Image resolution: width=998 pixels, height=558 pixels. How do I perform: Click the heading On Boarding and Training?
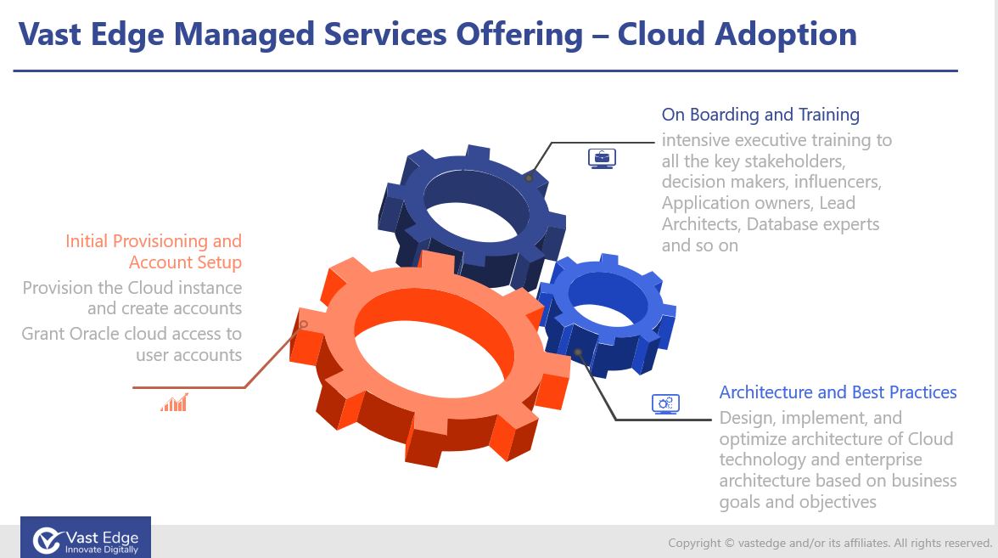tap(760, 115)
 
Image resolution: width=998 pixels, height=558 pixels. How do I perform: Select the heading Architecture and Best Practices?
tap(838, 392)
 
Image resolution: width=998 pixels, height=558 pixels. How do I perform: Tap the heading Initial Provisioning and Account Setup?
tap(154, 251)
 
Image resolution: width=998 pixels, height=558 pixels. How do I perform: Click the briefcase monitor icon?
tap(603, 158)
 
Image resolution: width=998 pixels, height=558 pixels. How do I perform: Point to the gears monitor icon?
tap(665, 404)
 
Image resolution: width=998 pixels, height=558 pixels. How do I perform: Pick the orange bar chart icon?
tap(175, 403)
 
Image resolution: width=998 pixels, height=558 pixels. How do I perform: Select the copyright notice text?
tap(830, 543)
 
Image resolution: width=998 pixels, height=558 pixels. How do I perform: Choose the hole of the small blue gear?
tap(608, 299)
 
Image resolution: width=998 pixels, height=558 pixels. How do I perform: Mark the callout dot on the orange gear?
tap(304, 324)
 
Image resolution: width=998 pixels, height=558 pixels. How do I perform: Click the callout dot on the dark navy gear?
tap(528, 178)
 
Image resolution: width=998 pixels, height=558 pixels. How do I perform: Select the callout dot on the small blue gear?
tap(578, 352)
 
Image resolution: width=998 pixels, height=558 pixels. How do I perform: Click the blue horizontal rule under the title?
tap(485, 70)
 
